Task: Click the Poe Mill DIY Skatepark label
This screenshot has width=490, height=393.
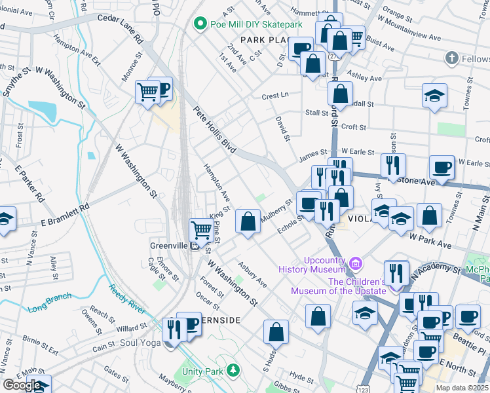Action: (256, 25)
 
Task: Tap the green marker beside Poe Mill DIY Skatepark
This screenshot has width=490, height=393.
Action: (200, 25)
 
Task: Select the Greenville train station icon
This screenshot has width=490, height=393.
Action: (195, 247)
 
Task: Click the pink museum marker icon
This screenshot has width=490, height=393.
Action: (355, 264)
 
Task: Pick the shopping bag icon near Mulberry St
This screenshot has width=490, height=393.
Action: (248, 221)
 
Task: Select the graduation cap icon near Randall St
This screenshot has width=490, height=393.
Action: (435, 96)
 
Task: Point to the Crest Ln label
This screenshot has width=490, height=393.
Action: (275, 96)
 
